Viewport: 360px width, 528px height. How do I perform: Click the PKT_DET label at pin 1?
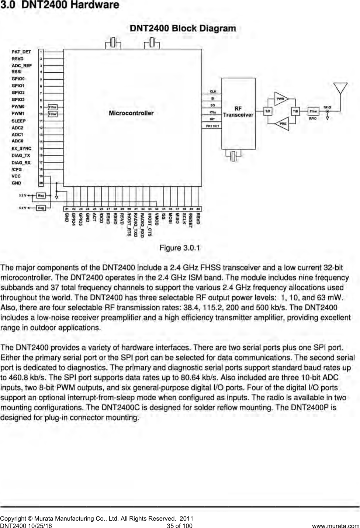pos(21,52)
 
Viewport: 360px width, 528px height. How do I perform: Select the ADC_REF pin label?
pos(22,66)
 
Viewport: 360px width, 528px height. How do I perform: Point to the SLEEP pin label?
pos(19,121)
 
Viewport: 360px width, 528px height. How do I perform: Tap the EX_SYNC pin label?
pos(21,149)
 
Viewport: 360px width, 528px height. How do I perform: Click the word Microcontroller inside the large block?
pos(131,113)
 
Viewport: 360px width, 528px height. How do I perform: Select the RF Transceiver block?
pos(238,112)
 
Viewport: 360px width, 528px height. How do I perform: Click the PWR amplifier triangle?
pos(281,99)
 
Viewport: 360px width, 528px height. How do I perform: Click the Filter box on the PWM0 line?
pos(53,107)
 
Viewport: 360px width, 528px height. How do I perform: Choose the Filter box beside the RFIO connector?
pos(313,111)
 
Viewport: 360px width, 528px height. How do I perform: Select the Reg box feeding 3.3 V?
pos(41,196)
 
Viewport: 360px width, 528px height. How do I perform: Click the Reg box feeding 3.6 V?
pos(41,208)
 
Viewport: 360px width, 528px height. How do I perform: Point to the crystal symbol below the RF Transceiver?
pos(233,156)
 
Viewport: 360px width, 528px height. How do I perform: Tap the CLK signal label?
pos(213,92)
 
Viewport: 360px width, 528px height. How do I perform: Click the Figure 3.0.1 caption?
pos(180,248)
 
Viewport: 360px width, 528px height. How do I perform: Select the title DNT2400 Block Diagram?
pos(183,28)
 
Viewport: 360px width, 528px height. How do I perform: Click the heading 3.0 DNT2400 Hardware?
pos(60,5)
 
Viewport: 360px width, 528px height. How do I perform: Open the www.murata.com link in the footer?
pos(335,525)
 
